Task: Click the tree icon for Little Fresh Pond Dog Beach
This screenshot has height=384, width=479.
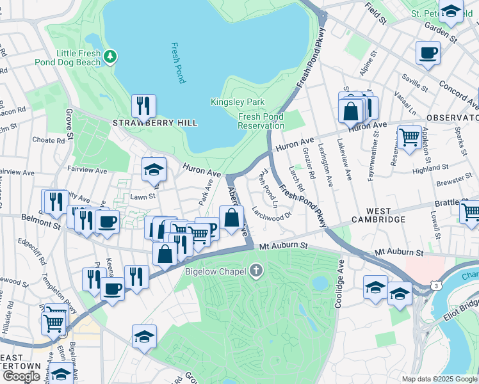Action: click(111, 57)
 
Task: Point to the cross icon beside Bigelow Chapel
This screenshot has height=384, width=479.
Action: click(256, 271)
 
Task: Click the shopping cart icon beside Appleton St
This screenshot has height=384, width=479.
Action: click(409, 136)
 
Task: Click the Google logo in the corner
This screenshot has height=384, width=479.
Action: click(20, 376)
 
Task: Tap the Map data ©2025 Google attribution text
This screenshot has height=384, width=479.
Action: click(439, 378)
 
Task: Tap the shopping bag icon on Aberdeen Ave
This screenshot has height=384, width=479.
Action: click(231, 218)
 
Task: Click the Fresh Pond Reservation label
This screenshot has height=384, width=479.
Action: click(261, 121)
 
